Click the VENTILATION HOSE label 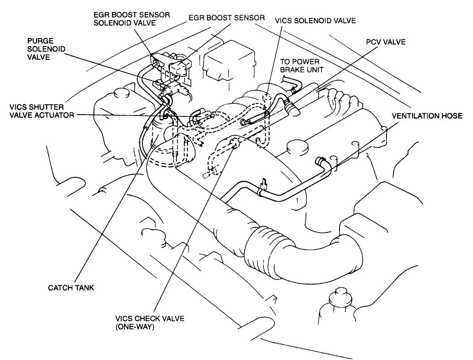[x=426, y=116]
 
